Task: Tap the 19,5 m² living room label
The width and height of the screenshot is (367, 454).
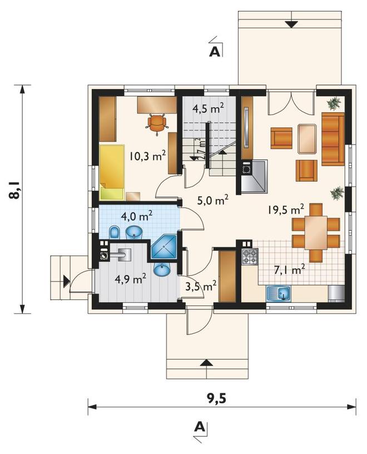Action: [285, 209]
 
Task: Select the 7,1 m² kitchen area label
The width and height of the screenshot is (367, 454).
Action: [290, 270]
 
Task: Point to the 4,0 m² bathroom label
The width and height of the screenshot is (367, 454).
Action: [137, 216]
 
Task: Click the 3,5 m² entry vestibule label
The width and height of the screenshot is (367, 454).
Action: [201, 287]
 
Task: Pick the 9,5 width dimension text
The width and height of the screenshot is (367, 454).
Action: [216, 399]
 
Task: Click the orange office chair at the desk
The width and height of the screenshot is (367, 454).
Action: [157, 124]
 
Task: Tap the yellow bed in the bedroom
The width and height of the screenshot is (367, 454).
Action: [112, 172]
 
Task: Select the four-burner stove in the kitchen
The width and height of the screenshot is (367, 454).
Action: [250, 256]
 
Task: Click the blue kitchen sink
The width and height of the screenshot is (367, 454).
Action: [279, 294]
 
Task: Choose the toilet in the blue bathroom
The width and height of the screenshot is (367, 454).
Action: [115, 232]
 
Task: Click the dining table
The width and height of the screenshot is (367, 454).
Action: [316, 233]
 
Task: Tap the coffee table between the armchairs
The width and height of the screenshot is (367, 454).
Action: [308, 139]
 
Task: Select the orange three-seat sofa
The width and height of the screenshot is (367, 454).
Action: [333, 139]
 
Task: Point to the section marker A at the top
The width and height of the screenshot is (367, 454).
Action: [215, 52]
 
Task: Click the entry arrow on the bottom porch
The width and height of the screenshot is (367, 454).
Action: [206, 363]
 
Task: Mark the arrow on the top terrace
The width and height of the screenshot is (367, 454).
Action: [292, 24]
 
